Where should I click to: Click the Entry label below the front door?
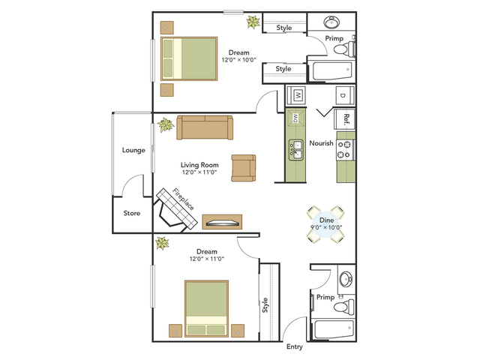tap(295, 346)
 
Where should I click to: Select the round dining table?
tap(326, 225)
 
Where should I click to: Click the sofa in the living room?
tap(205, 127)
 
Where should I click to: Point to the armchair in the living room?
tap(243, 168)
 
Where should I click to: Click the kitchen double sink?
tap(296, 150)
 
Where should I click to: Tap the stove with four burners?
tap(346, 150)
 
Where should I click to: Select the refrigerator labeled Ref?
tap(345, 118)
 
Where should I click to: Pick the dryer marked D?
tap(345, 95)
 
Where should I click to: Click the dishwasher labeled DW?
tap(295, 117)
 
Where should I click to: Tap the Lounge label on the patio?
tap(133, 150)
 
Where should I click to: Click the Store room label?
tap(132, 213)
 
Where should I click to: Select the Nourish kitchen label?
tap(321, 143)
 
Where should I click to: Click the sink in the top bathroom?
tap(331, 22)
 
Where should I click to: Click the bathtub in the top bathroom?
tap(332, 71)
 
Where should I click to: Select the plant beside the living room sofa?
tap(166, 125)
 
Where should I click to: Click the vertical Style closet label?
tap(265, 305)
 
